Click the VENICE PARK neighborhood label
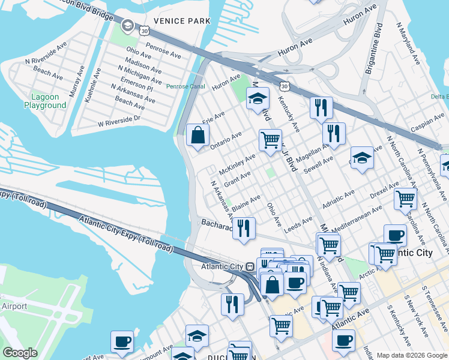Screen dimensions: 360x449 click(182, 21)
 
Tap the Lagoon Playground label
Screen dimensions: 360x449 click(45, 101)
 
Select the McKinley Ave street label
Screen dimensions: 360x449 click(237, 161)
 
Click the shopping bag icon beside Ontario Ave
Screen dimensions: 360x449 click(197, 136)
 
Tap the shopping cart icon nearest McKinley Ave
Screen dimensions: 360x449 click(270, 140)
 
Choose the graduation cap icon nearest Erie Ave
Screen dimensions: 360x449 click(258, 98)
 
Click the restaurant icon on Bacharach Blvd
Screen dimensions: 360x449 click(244, 228)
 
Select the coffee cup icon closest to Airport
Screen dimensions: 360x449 click(122, 342)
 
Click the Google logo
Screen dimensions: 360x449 click(20, 353)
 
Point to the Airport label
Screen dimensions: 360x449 click(13, 307)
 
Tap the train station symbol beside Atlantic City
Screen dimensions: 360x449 click(249, 266)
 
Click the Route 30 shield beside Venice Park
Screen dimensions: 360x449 click(143, 29)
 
